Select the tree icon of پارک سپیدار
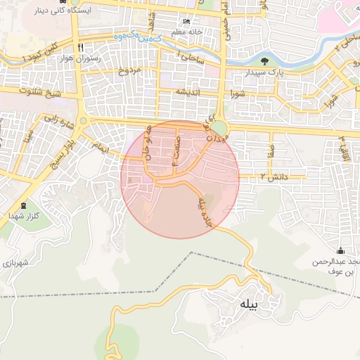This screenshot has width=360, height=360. click(264, 60)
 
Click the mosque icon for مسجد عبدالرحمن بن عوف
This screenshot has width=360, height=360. click(341, 251)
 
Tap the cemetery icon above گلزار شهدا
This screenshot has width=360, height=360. click(24, 206)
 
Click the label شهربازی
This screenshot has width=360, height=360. click(14, 262)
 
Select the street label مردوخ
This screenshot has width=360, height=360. click(130, 70)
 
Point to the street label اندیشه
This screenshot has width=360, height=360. click(188, 92)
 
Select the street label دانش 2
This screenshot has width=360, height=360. click(275, 176)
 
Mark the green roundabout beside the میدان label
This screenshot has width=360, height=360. click(220, 128)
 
